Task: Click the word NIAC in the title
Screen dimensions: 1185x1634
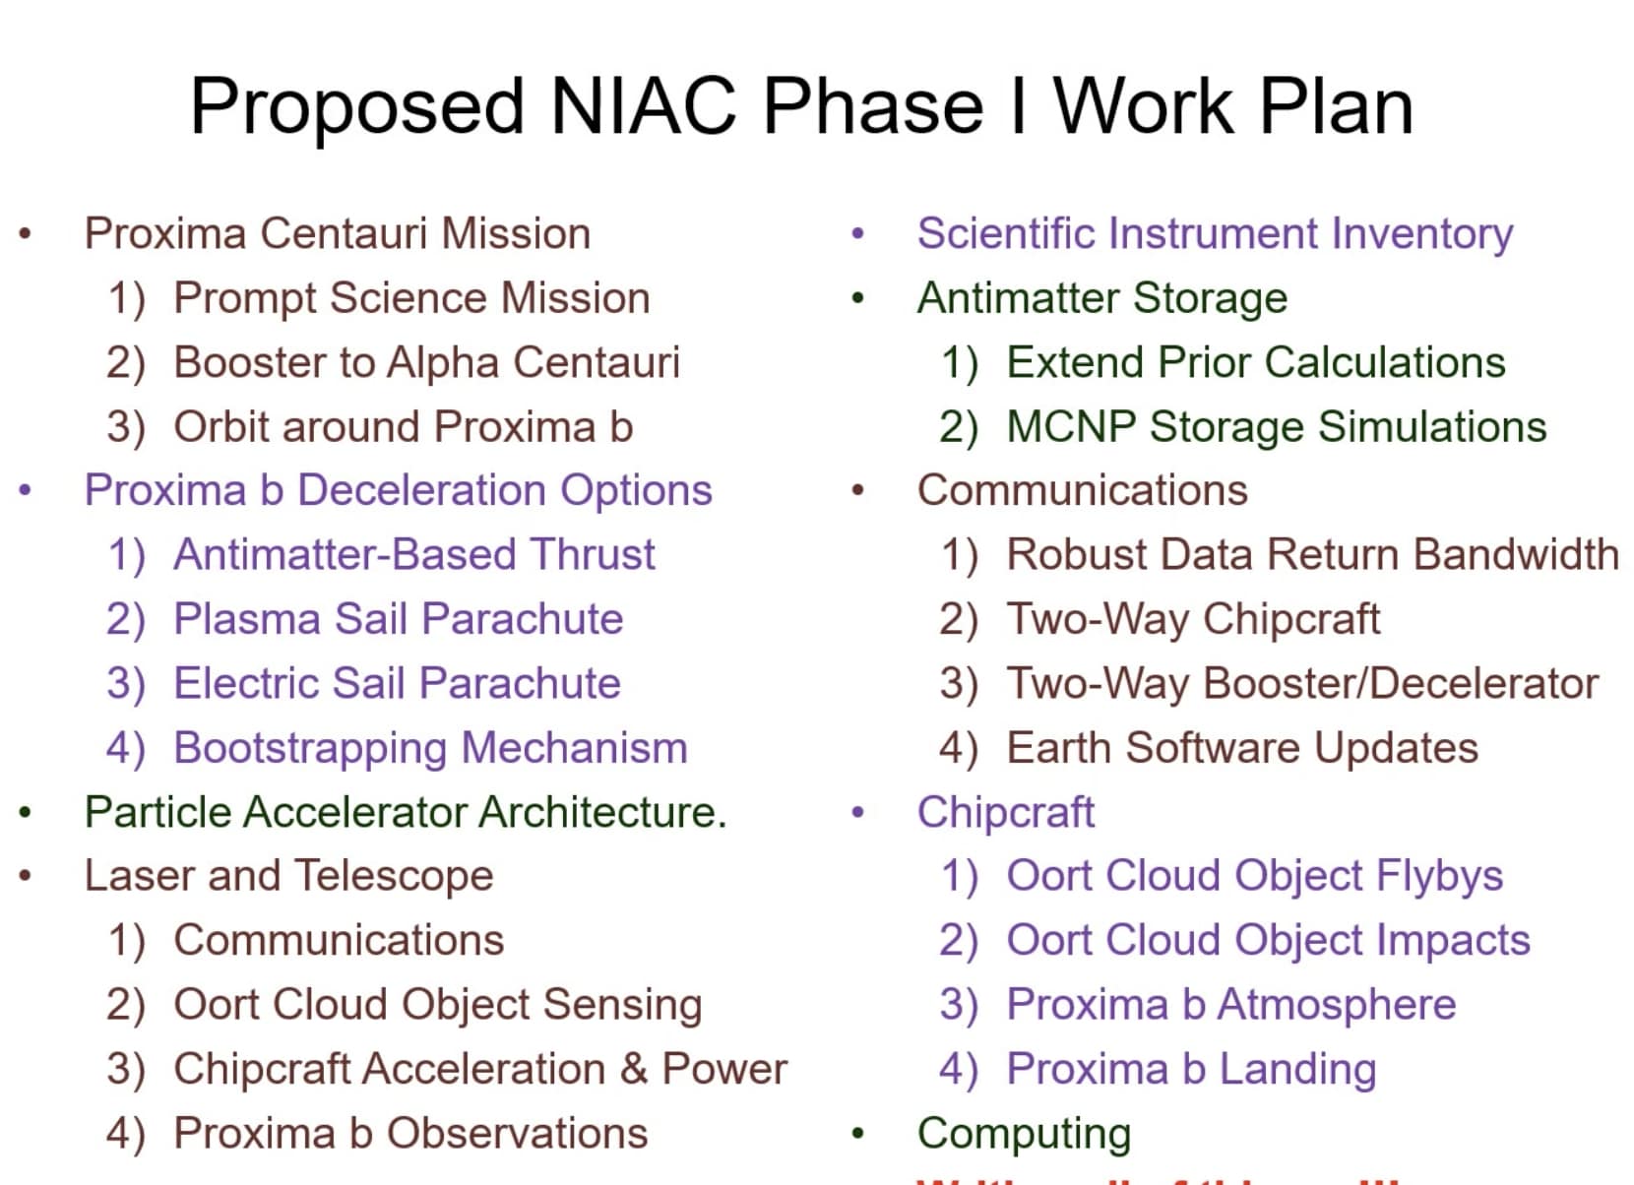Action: coord(643,106)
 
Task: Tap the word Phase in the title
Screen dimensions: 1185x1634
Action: coord(873,106)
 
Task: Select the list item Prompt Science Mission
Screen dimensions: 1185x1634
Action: coord(411,298)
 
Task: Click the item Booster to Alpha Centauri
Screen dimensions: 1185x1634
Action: coord(426,362)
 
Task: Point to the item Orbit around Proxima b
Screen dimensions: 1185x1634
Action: coord(403,427)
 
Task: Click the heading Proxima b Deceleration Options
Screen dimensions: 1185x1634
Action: coord(398,490)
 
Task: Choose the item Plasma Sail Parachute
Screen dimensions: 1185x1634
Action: coord(398,619)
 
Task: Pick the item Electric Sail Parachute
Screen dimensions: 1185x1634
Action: coord(397,683)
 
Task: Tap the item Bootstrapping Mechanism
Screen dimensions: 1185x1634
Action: coord(430,748)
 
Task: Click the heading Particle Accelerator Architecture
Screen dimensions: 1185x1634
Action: coord(405,812)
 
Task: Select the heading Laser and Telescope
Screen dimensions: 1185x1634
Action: coord(288,876)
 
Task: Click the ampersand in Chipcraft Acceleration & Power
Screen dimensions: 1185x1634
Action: coord(634,1069)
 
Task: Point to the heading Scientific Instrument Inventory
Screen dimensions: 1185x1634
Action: coord(1215,234)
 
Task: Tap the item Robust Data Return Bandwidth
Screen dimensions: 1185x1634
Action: coord(1312,555)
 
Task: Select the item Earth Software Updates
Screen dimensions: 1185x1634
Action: coord(1241,748)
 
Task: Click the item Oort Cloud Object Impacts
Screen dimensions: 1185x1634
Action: coord(1268,940)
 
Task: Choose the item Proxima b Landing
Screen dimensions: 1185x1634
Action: coord(1191,1069)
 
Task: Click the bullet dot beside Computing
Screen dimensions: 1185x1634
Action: coord(858,1135)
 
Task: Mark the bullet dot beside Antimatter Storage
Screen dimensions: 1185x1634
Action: coord(858,299)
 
